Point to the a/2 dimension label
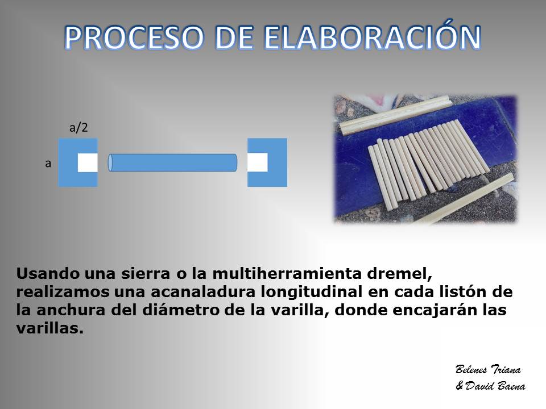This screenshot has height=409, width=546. tap(78, 128)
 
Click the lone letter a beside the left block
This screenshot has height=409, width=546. tap(48, 163)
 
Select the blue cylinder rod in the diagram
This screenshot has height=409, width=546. tap(173, 162)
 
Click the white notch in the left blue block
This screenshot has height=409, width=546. tap(88, 162)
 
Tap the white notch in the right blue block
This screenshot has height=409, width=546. tap(258, 162)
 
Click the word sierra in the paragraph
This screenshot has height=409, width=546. tap(146, 274)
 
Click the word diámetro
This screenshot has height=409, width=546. tap(181, 310)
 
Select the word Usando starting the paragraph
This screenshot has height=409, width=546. tap(48, 274)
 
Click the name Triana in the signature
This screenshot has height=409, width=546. tap(506, 369)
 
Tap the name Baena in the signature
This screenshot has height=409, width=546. tap(511, 386)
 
